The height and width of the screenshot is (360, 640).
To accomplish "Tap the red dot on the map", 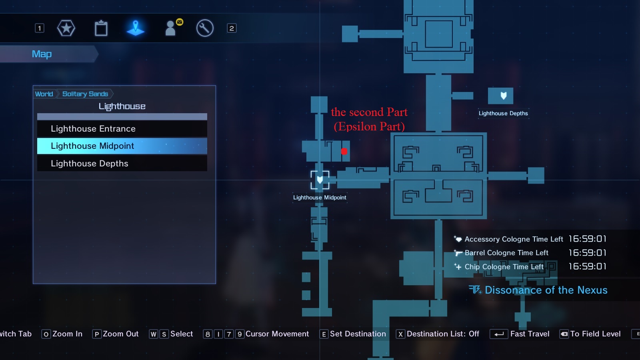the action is [x=344, y=151].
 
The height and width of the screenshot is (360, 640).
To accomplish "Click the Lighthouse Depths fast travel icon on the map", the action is [x=500, y=96].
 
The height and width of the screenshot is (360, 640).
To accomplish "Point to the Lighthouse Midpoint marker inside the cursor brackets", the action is [x=320, y=180].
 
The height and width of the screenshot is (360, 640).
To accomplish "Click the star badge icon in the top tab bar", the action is [x=66, y=28].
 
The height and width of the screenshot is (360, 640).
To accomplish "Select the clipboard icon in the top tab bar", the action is [x=101, y=28].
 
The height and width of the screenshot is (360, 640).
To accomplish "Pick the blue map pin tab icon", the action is [x=136, y=28].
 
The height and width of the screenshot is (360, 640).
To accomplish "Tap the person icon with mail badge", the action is [x=172, y=28].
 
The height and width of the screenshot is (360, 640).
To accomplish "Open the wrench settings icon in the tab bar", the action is [x=205, y=28].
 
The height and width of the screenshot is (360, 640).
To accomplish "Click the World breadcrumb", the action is [x=44, y=94].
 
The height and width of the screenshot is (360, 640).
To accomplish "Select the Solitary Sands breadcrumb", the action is [x=85, y=94].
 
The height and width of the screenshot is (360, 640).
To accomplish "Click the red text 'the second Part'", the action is [x=369, y=112].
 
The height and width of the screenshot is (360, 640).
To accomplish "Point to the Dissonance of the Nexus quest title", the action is [x=546, y=290].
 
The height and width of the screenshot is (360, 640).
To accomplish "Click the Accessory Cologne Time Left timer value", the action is [x=587, y=239].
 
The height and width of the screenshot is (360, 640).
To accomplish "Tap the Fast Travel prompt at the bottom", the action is [x=529, y=334].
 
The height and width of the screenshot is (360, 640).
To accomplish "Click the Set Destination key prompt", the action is [x=357, y=334].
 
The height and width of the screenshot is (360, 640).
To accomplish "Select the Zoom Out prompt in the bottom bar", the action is [x=120, y=334].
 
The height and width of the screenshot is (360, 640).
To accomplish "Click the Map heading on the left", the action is [x=42, y=54].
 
